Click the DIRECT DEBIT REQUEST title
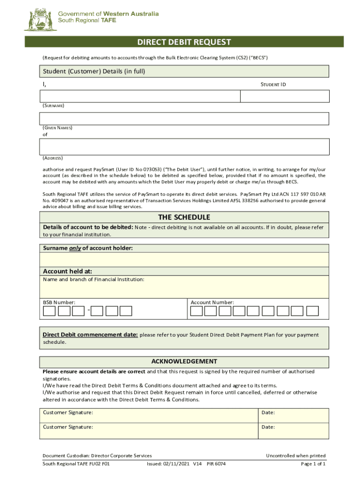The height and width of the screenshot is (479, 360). coord(184,42)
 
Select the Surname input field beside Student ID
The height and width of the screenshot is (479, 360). coord(140,96)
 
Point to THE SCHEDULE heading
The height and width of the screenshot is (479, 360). coord(184,218)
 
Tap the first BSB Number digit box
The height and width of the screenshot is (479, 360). coord(50,311)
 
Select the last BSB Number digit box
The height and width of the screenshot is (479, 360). coord(126,311)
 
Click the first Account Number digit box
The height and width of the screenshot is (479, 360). coord(197,311)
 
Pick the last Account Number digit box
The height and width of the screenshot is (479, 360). coord(312,311)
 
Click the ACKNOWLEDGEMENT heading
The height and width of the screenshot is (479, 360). coord(184,361)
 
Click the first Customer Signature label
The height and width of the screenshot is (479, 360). coord(68,413)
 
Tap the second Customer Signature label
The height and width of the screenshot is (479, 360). coord(68,427)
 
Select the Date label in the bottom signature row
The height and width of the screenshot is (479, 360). coord(268,427)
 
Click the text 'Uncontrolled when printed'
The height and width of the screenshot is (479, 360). coord(295,456)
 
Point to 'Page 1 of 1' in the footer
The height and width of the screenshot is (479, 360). coord(313,464)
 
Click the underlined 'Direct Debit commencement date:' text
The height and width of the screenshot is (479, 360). coord(90,335)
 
